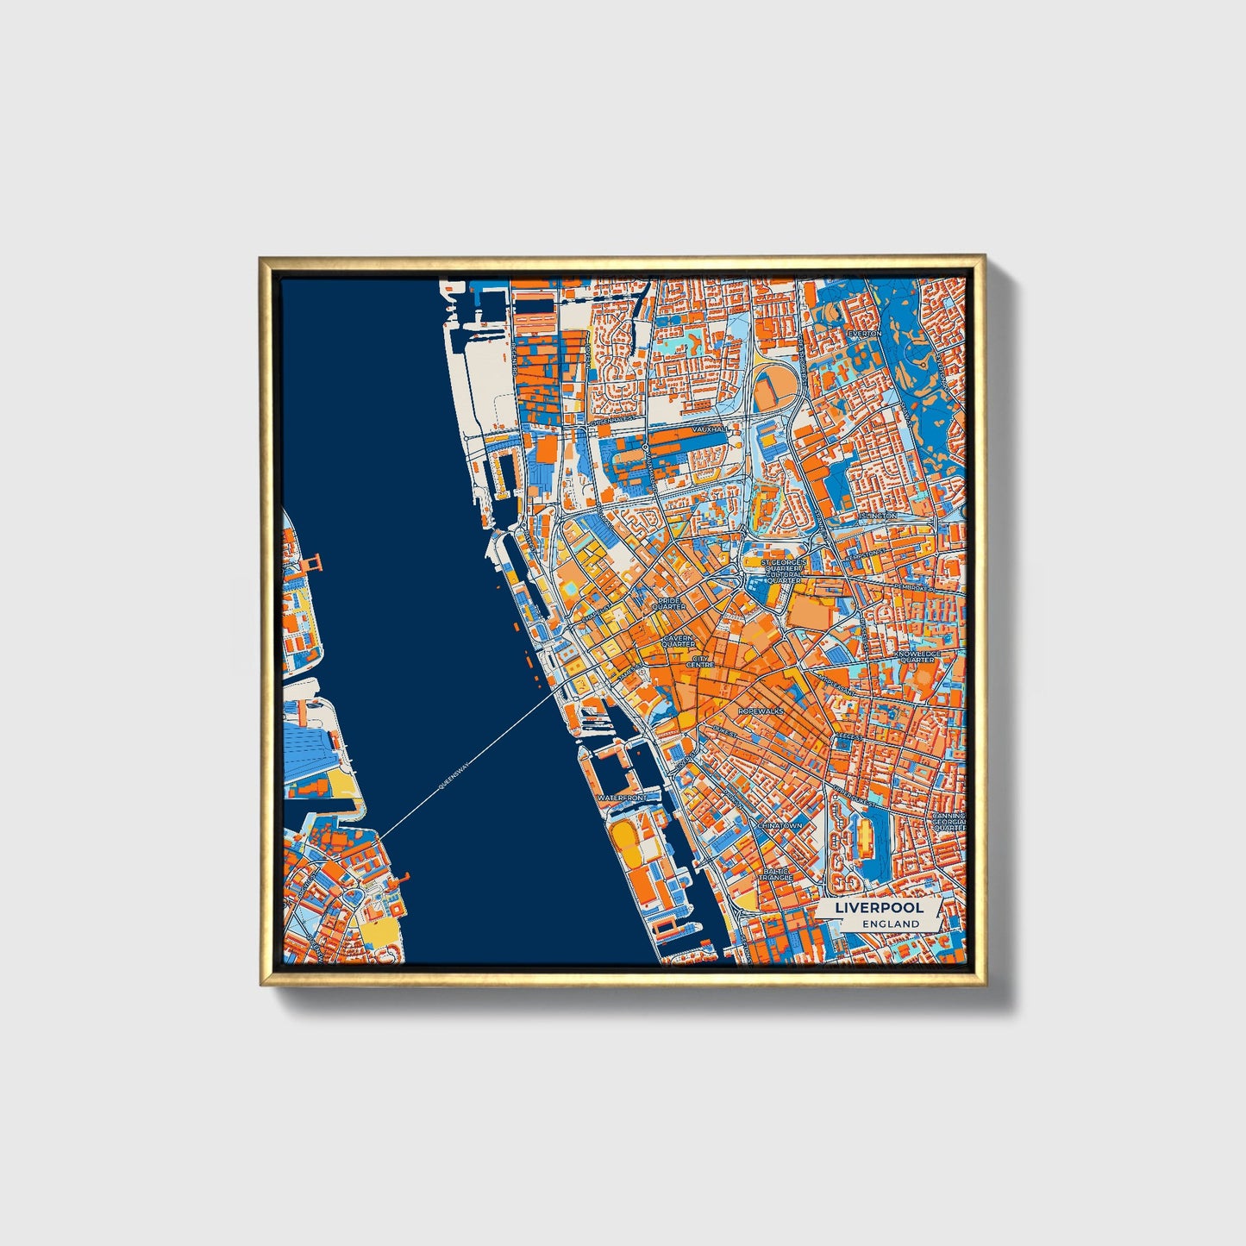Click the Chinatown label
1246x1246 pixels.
click(x=779, y=825)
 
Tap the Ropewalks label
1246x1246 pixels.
click(x=760, y=711)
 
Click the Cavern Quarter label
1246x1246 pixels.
click(x=679, y=642)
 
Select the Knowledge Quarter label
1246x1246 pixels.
click(x=917, y=657)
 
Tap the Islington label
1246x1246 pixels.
click(x=879, y=516)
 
